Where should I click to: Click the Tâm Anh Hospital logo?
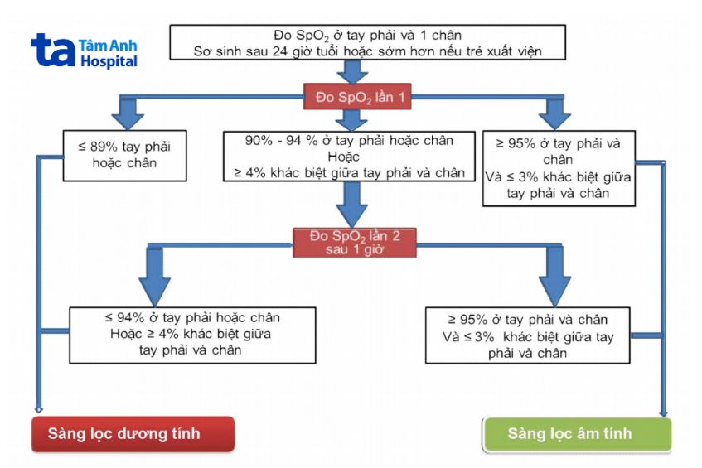coord(84,51)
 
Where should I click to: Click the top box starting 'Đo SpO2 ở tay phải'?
coord(367,43)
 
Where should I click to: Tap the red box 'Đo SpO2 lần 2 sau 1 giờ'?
coord(355,242)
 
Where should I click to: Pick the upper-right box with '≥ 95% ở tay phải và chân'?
coord(559,168)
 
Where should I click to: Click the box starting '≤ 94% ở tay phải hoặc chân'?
coord(192,335)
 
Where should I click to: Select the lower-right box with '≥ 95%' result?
coord(527,335)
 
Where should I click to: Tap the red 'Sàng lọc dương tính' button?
coord(133,434)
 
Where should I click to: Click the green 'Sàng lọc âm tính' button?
coord(577,434)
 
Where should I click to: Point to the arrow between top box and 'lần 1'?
coord(354,72)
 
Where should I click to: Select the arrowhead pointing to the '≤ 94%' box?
coord(154,289)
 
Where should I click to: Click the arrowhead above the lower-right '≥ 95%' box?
coord(556,289)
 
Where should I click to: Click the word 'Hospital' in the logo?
coord(109,62)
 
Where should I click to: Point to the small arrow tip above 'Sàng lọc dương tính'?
coord(38,409)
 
